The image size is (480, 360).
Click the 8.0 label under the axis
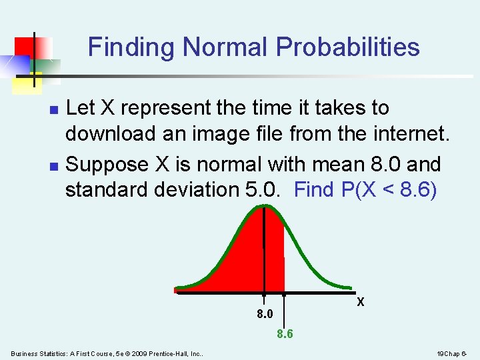[x=265, y=314]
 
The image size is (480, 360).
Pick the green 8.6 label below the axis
[x=285, y=334]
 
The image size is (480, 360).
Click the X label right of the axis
[x=360, y=302]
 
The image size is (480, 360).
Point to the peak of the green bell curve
[x=265, y=206]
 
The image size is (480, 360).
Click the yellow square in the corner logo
[x=28, y=80]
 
